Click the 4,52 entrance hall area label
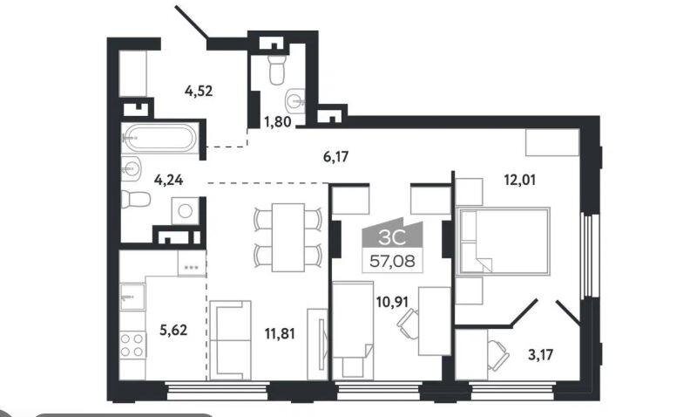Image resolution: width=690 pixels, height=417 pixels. pos(199,91)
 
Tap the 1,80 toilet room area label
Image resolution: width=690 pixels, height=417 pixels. pos(277,121)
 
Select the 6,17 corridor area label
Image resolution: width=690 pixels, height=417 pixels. pos(335,156)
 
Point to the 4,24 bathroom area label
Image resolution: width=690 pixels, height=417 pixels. pos(168,180)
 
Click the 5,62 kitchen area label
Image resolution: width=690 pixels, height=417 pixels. pos(173,330)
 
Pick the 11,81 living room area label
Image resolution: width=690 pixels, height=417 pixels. pos(280,334)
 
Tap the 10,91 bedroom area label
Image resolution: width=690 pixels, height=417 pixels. pos(392,302)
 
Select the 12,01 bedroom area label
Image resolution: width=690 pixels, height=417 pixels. pos(520,180)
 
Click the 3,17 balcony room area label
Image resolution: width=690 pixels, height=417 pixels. pos(540,354)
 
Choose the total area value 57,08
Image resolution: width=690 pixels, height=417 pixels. pos(392,261)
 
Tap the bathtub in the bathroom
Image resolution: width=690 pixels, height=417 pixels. pos(159,138)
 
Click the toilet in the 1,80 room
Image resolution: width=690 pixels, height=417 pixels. pos(277,70)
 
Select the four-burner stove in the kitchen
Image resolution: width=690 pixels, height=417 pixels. pos(132,345)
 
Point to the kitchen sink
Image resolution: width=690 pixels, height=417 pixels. pos(132,297)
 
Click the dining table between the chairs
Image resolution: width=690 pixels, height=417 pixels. pos(288,237)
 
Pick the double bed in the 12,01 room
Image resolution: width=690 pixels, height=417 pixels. pos(504,241)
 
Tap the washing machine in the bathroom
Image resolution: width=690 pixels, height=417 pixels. pos(185,211)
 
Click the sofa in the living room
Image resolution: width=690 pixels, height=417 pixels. pos(230,340)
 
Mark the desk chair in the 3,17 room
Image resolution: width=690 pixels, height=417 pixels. pos(498,355)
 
